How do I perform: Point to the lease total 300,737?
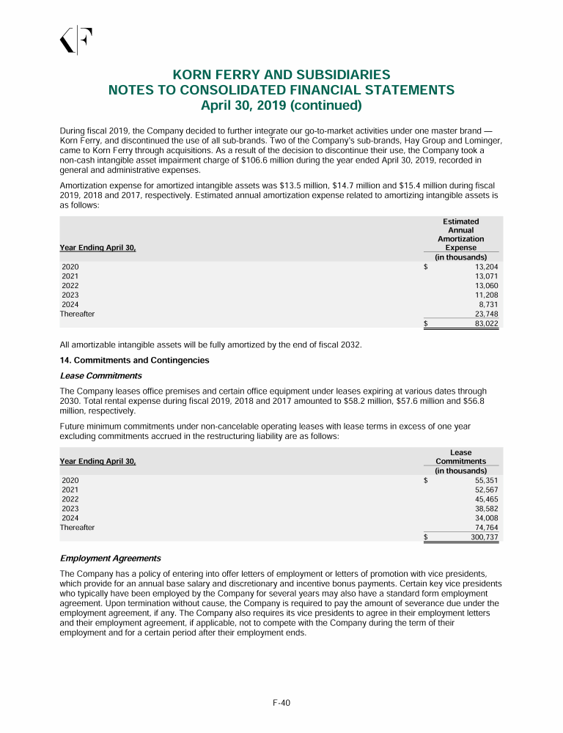pos(485,537)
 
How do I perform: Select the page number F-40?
pos(281,703)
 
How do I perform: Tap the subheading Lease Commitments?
pos(100,375)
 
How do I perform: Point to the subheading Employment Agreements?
pos(110,558)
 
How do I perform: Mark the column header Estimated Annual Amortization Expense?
pos(460,235)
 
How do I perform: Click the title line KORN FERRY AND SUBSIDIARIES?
pos(281,75)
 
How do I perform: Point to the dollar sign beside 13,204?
pos(426,267)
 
